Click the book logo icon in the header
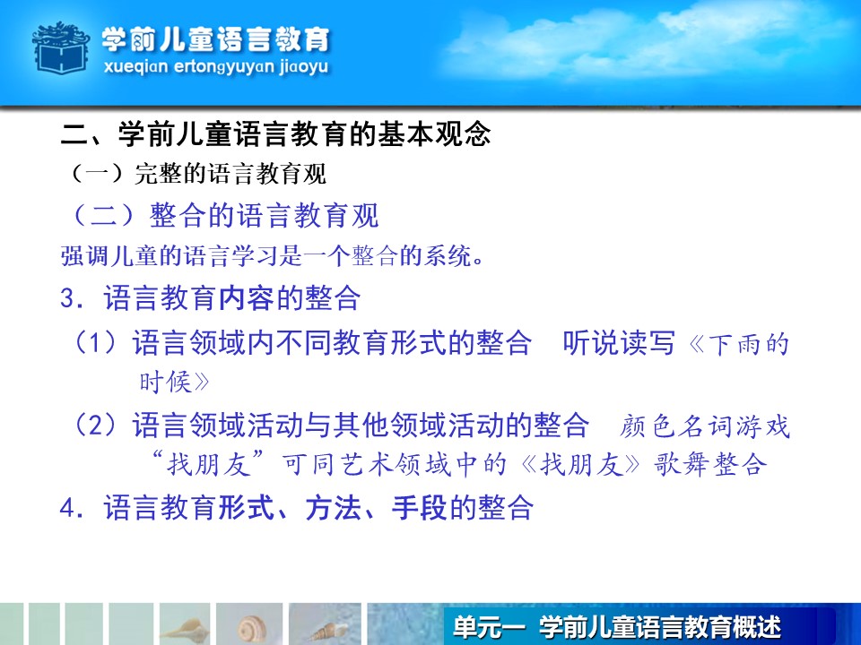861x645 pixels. pyautogui.click(x=61, y=47)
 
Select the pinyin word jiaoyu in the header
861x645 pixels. pyautogui.click(x=304, y=67)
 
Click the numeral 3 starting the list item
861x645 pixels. pyautogui.click(x=67, y=299)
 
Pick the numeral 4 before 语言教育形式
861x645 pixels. pyautogui.click(x=67, y=508)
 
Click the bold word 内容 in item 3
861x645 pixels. pyautogui.click(x=246, y=299)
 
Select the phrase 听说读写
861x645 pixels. pyautogui.click(x=619, y=343)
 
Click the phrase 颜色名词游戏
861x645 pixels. pyautogui.click(x=705, y=426)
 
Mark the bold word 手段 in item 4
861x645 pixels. pyautogui.click(x=419, y=508)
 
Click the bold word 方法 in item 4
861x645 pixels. pyautogui.click(x=333, y=508)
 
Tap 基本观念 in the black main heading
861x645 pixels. pyautogui.click(x=433, y=134)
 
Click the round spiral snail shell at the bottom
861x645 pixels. pyautogui.click(x=252, y=629)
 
